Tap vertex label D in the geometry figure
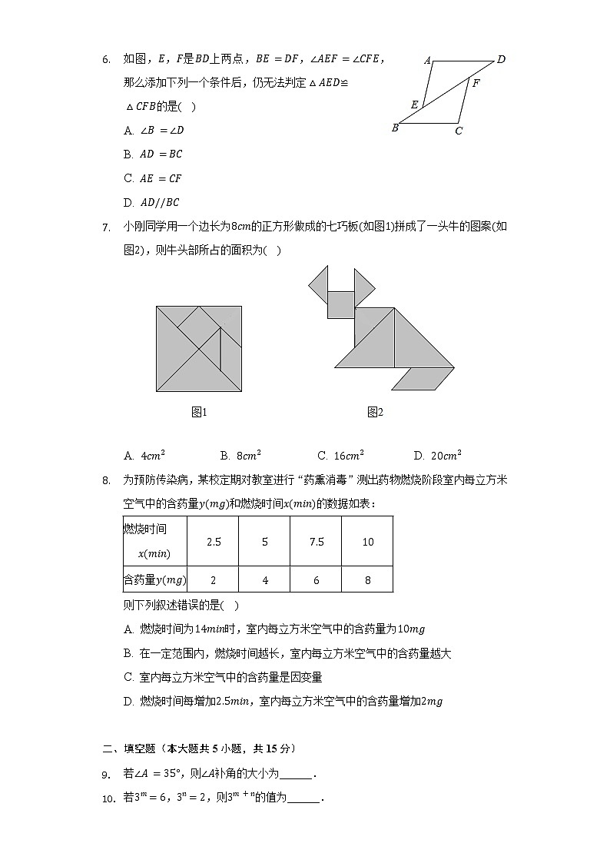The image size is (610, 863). coord(501,59)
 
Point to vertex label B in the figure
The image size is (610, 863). coord(395,128)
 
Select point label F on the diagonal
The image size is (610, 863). coord(476,83)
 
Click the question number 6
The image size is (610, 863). coord(106,58)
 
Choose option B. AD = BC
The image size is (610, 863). coord(153,154)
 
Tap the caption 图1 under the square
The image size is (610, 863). coord(199,413)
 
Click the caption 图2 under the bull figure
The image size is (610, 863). coord(375,413)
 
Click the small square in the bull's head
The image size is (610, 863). coord(340,304)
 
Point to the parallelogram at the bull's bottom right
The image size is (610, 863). coord(423,378)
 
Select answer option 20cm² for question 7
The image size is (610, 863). coord(437,456)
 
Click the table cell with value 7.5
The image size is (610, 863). coord(317,542)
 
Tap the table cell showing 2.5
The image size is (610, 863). coord(214,542)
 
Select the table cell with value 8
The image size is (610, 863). coord(367,580)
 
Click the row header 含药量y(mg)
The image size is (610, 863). coord(155,580)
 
